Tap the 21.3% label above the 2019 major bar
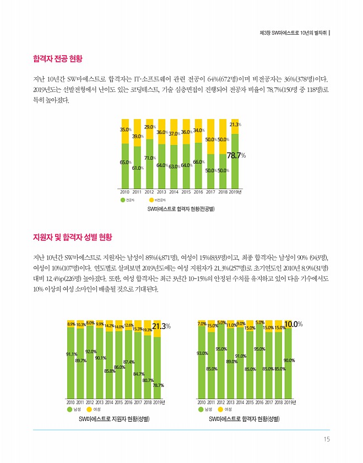coord(236,125)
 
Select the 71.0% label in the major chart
coord(149,158)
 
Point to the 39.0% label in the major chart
coord(137,136)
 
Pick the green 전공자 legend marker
coord(123,200)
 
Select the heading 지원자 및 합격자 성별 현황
coord(73,238)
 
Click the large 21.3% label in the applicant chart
coord(161,326)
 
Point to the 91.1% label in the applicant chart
coord(71,354)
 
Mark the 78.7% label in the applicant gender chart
coord(159,385)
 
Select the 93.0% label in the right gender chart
coord(202,353)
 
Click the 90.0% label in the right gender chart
coord(289,361)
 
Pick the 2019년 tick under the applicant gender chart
coord(159,403)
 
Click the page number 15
coord(327,439)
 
